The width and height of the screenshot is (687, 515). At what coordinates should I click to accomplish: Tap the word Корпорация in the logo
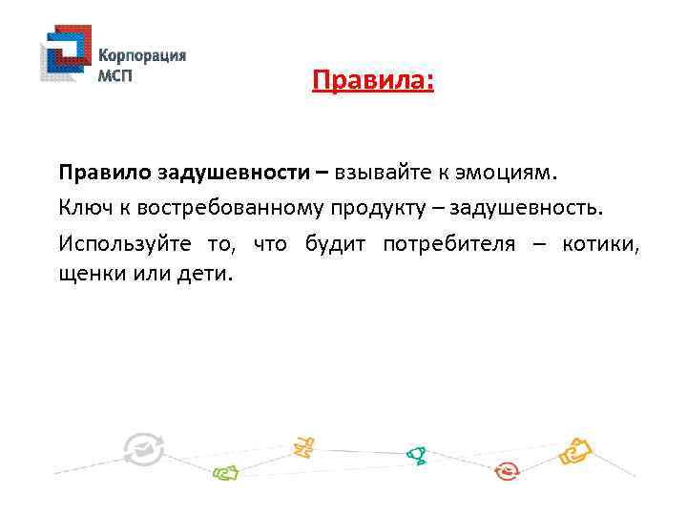142,55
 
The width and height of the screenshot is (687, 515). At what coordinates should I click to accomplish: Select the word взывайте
375,174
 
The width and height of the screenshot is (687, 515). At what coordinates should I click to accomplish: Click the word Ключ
84,208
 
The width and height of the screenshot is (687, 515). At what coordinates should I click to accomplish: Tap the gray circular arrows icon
143,449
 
